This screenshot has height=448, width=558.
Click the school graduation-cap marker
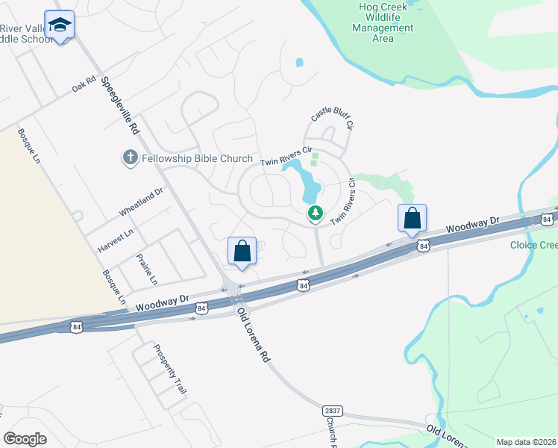pyautogui.click(x=60, y=25)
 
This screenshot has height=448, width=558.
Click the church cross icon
pyautogui.click(x=129, y=158)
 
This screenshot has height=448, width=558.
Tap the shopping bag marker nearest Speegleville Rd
pyautogui.click(x=242, y=251)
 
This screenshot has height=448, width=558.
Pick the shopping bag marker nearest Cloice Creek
pyautogui.click(x=412, y=218)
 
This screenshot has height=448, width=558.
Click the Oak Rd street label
pyautogui.click(x=84, y=84)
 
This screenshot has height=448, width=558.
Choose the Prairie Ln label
pyautogui.click(x=146, y=270)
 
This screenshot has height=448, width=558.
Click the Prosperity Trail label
pyautogui.click(x=169, y=369)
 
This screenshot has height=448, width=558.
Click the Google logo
pyautogui.click(x=25, y=439)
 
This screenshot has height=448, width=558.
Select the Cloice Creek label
pyautogui.click(x=533, y=245)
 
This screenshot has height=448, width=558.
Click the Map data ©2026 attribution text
pyautogui.click(x=526, y=442)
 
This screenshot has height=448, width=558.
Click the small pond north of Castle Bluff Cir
pyautogui.click(x=300, y=62)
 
